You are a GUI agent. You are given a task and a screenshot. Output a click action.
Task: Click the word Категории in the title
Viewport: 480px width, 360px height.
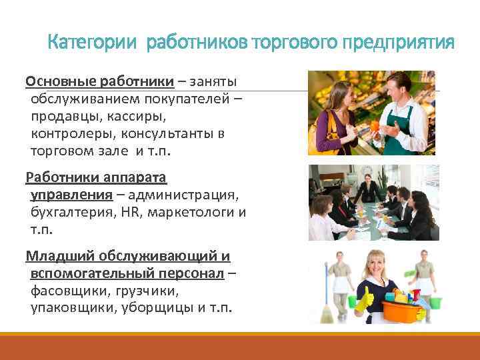(92, 43)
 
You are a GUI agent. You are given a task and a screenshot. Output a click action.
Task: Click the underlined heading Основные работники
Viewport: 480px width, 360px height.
(100, 82)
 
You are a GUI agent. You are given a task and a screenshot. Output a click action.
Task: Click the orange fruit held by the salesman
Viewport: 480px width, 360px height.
(376, 125)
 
